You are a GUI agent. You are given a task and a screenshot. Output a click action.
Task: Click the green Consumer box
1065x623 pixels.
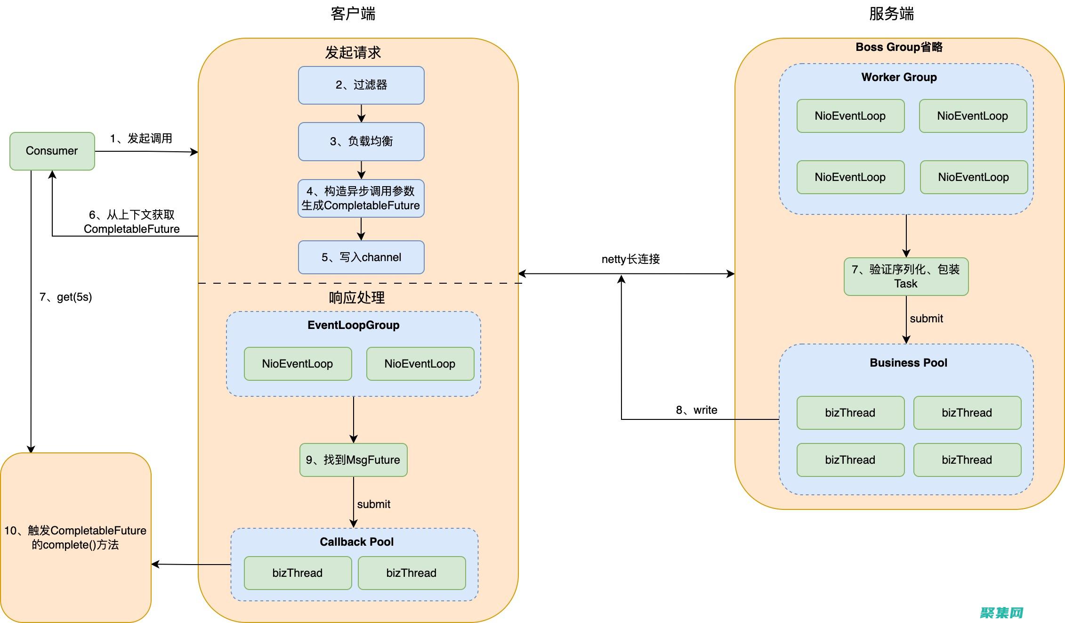[x=52, y=151]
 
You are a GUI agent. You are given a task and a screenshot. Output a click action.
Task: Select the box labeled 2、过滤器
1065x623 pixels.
[x=361, y=85]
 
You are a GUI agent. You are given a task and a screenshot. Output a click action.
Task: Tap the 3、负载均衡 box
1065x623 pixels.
[x=361, y=141]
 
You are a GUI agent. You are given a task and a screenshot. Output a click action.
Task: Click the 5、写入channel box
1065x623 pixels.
[x=361, y=257]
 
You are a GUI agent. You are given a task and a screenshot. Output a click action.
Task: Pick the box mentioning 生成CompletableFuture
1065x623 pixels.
[x=361, y=198]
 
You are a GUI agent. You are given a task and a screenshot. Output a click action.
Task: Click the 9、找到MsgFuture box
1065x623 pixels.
[x=353, y=460]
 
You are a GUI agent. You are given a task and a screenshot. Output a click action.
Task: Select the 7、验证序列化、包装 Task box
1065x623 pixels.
[x=906, y=277]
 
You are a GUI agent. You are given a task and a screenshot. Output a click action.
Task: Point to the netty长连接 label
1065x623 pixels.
[x=630, y=259]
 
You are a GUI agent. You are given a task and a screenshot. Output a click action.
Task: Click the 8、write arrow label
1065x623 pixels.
[x=696, y=410]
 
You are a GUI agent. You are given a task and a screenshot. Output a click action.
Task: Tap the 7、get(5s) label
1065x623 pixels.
[x=65, y=297]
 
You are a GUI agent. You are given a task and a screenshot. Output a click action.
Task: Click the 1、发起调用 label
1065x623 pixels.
[x=141, y=139]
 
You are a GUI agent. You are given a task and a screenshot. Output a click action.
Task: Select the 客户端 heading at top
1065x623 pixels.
[x=353, y=14]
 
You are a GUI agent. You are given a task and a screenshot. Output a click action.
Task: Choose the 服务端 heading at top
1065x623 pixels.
[x=891, y=14]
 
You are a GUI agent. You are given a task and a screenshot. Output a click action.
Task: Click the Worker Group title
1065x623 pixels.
[x=899, y=77]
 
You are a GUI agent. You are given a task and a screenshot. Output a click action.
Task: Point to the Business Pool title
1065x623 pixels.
[x=908, y=363]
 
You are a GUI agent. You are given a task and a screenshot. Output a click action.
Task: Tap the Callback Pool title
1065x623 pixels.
[x=356, y=542]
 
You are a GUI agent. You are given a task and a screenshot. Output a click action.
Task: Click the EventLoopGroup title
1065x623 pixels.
[x=353, y=325]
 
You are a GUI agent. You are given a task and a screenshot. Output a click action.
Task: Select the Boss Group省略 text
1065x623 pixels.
[x=899, y=47]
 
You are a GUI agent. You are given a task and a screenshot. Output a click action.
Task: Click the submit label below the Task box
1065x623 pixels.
[x=926, y=319]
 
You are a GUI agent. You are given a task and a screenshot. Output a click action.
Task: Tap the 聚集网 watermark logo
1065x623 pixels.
[x=1001, y=612]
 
